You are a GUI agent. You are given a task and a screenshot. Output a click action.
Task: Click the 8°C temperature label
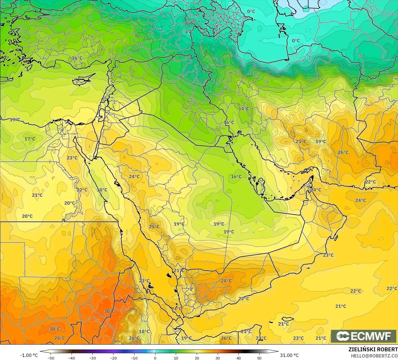click(x=189, y=23)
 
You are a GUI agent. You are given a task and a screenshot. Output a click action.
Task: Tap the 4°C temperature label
click(x=189, y=32)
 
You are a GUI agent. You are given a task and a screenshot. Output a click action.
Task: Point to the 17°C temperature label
click(x=30, y=139)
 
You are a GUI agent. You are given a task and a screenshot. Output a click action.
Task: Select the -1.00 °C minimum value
click(x=29, y=355)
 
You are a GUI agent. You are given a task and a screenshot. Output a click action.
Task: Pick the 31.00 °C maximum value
click(x=290, y=355)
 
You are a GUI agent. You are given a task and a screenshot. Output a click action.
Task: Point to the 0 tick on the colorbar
click(x=155, y=358)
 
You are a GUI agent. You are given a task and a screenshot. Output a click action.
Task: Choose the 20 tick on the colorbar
click(x=197, y=358)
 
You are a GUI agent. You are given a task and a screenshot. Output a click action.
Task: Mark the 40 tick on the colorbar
click(x=239, y=358)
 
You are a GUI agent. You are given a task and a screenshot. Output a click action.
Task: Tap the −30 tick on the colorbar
click(x=92, y=358)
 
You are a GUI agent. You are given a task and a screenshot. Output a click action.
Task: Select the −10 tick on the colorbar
click(x=134, y=358)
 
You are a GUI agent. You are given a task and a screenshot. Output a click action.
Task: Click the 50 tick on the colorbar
click(x=260, y=358)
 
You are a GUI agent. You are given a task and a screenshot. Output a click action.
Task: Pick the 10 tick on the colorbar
click(x=176, y=358)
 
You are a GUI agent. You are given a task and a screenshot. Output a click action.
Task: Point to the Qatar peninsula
click(x=261, y=185)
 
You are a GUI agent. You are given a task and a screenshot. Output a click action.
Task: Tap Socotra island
click(x=287, y=319)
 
